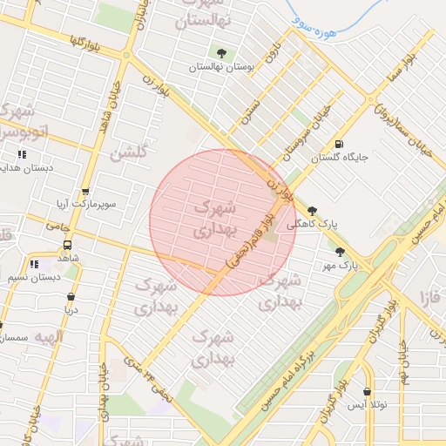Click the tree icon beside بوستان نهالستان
222,53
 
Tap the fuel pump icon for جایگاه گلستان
339,145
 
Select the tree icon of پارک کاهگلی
312,210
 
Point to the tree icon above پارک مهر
340,251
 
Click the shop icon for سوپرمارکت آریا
84,193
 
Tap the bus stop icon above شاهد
67,245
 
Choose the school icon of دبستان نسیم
34,264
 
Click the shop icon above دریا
70,296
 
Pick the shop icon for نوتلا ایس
366,392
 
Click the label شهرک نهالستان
205,14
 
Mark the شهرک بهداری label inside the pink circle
213,220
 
